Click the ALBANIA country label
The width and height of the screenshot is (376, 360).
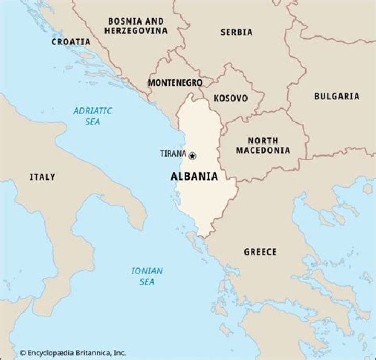tap(194, 176)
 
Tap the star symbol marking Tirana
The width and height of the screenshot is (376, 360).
tap(192, 155)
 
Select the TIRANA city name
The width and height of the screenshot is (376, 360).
tap(173, 153)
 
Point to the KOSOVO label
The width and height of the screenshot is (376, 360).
tap(231, 98)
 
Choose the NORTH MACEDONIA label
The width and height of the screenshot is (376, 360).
tap(263, 146)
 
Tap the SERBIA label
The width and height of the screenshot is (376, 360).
tap(236, 32)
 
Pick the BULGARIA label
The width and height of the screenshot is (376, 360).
tap(336, 96)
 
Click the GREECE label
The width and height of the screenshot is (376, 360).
tap(260, 252)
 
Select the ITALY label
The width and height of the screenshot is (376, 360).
tap(42, 177)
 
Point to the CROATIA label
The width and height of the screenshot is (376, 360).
tap(70, 42)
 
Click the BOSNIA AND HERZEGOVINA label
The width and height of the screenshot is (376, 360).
tap(136, 26)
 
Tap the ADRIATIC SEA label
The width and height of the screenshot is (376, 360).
tap(92, 116)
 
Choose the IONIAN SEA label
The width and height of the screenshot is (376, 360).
tap(147, 276)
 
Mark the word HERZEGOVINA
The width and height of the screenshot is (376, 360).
tap(136, 31)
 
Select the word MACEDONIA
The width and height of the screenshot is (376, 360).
tap(263, 151)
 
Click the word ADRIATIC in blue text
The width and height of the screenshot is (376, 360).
tap(92, 111)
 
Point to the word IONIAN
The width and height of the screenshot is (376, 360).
tap(147, 271)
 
